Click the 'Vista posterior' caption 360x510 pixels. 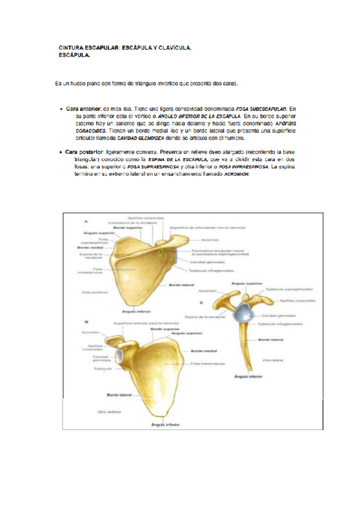pyautogui.click(x=94, y=292)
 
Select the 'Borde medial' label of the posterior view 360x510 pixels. pyautogui.click(x=87, y=248)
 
